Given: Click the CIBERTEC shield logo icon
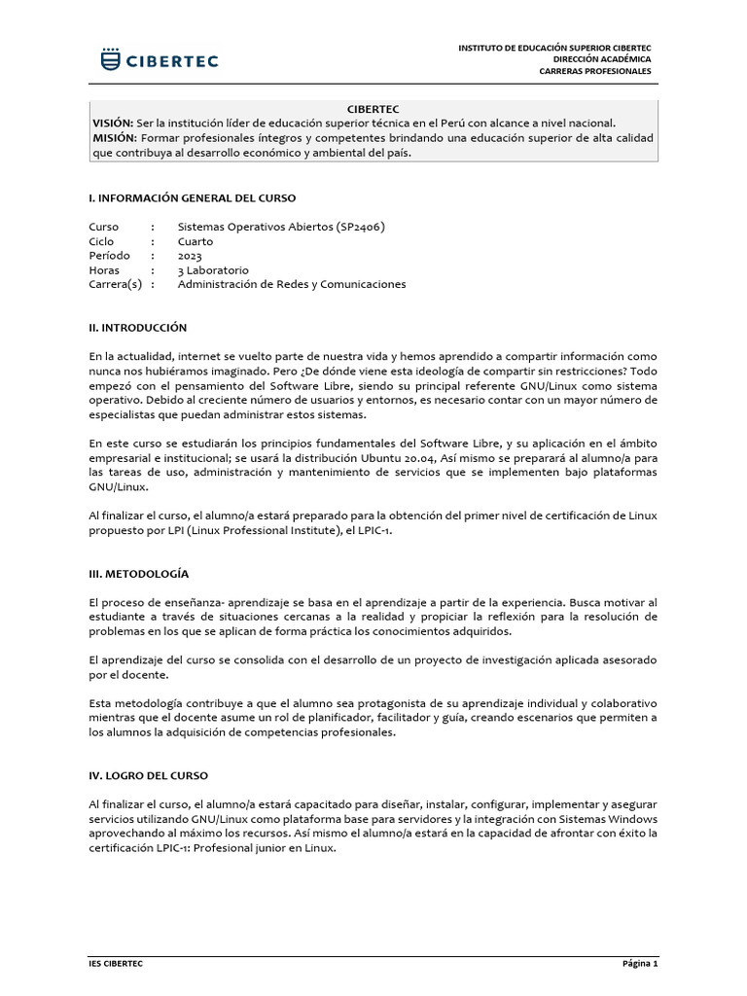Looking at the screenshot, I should point(112,59).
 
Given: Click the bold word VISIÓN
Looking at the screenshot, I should point(113,124).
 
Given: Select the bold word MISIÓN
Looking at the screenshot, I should point(113,138).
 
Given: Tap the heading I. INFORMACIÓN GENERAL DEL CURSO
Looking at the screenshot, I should point(192,197).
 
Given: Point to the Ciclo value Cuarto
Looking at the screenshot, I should point(195,241).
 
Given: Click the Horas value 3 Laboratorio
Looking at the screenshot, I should point(213,270).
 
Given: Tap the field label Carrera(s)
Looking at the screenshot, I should point(115,284).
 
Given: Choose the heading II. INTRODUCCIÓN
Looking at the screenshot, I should point(137,328).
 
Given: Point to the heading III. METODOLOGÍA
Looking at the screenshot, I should point(138,574).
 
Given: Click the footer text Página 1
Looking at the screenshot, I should point(640,964).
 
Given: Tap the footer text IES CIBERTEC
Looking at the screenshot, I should point(116,964).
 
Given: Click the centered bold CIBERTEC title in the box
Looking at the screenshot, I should point(373,109).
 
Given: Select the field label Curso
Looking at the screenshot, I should point(103,227).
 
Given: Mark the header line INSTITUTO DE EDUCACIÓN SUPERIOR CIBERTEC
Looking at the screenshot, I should point(554,47).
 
